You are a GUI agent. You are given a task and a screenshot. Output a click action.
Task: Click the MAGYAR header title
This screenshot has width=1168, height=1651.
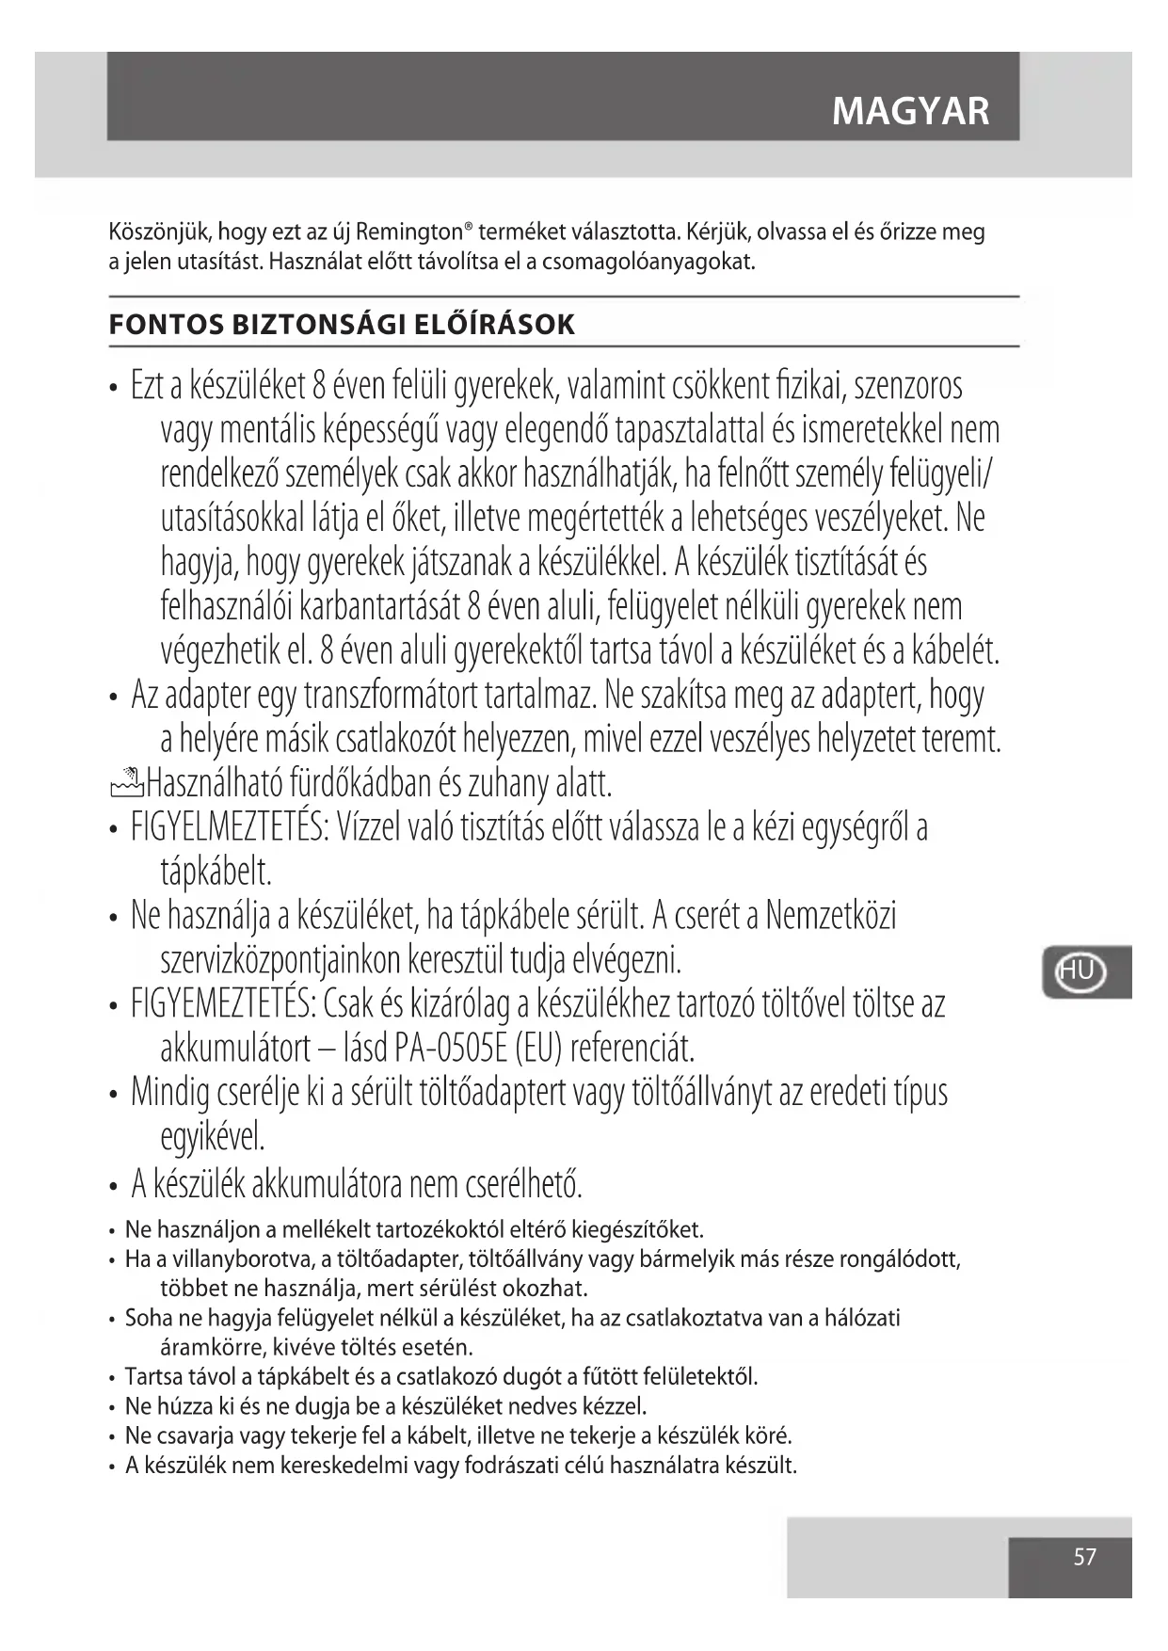pos(910,111)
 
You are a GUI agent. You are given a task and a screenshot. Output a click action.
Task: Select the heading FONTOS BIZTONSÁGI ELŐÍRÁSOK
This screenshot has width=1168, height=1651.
pos(342,325)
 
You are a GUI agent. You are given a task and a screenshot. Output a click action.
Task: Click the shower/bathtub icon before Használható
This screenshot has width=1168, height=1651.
pos(125,781)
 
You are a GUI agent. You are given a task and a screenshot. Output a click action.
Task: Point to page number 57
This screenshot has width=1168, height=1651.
pos(1084,1557)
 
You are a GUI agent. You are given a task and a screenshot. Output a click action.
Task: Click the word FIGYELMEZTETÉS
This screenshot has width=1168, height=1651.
pos(229,827)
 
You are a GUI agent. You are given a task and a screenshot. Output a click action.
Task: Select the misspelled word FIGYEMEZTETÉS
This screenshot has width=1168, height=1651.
pos(222,1004)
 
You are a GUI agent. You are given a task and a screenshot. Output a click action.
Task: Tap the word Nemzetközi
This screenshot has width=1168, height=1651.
pos(830,915)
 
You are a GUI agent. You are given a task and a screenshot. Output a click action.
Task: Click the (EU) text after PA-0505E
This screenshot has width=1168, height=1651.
pos(536,1048)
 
